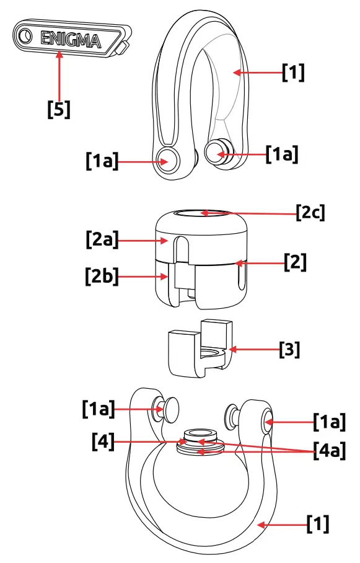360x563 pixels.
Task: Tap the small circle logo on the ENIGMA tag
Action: pyautogui.click(x=25, y=37)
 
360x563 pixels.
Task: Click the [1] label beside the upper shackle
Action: pyautogui.click(x=293, y=73)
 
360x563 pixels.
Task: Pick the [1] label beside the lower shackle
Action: pyautogui.click(x=318, y=525)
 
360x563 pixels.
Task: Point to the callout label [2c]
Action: pyautogui.click(x=310, y=213)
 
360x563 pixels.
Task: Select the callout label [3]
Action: pyautogui.click(x=289, y=349)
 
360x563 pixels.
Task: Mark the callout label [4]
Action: pyautogui.click(x=103, y=441)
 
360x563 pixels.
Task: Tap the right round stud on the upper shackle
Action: pyautogui.click(x=217, y=151)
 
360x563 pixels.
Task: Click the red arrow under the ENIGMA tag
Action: pyautogui.click(x=59, y=74)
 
